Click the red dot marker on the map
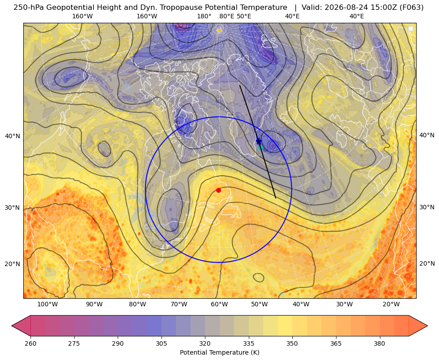pyautogui.click(x=218, y=190)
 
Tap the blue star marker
pyautogui.click(x=259, y=141)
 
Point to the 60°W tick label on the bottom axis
pyautogui.click(x=219, y=304)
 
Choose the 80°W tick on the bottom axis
pyautogui.click(x=137, y=304)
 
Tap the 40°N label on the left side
pyautogui.click(x=13, y=136)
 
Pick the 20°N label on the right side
pyautogui.click(x=427, y=263)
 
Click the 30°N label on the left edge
pyautogui.click(x=13, y=208)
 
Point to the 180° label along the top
pyautogui.click(x=204, y=16)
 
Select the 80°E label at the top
pyautogui.click(x=226, y=16)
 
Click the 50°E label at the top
pyautogui.click(x=244, y=16)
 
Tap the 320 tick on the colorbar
pyautogui.click(x=205, y=343)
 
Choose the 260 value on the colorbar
pyautogui.click(x=30, y=343)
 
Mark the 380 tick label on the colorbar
pyautogui.click(x=379, y=343)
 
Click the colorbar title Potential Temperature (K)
pyautogui.click(x=219, y=352)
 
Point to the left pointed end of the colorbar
pyautogui.click(x=12, y=326)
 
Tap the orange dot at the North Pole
pyautogui.click(x=219, y=30)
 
